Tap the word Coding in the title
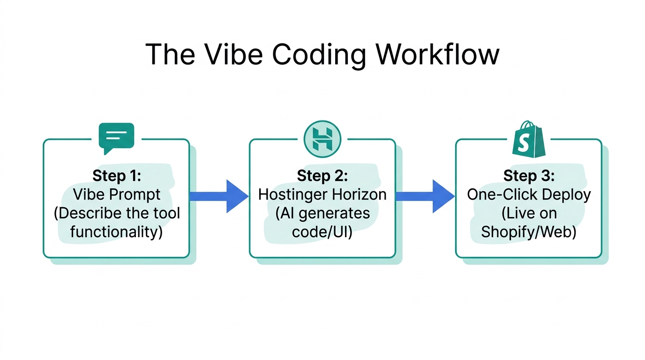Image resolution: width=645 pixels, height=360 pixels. point(319,55)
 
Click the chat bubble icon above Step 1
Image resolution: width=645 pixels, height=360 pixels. point(116,137)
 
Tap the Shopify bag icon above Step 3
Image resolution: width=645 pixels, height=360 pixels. point(528,139)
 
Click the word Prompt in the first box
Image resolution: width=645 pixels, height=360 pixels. point(135,195)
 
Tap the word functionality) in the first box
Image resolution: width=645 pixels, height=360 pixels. point(117,232)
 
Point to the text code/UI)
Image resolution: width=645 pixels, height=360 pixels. point(322,232)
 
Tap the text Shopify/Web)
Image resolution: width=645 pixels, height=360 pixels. point(529,232)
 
